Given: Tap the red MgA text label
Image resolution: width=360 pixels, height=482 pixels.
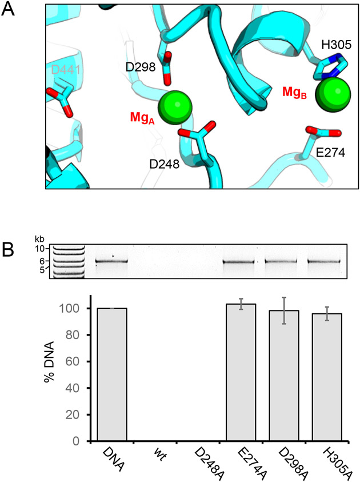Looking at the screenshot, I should (x=143, y=118).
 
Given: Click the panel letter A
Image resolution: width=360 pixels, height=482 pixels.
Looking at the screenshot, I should (x=9, y=11).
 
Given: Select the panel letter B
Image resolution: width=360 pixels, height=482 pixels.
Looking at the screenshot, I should (x=9, y=249).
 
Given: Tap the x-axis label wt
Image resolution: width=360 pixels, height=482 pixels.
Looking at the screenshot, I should (x=154, y=455).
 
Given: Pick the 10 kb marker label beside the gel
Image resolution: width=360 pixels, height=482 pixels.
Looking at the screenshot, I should (x=39, y=249).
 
